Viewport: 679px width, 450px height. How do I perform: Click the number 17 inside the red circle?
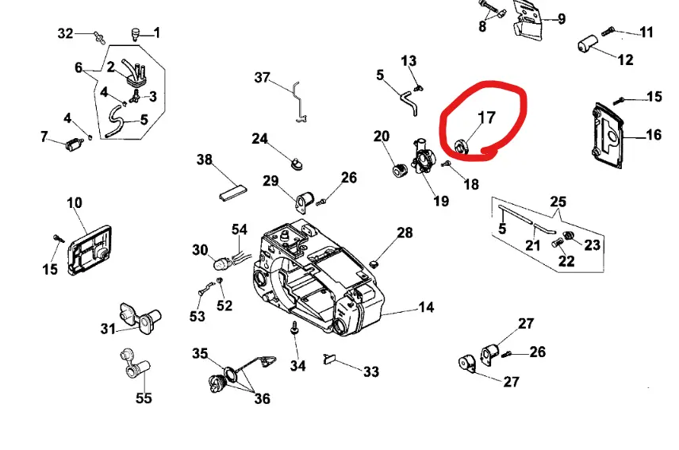click(485, 117)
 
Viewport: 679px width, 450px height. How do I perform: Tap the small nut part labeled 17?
click(460, 146)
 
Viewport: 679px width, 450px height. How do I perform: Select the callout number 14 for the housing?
click(426, 306)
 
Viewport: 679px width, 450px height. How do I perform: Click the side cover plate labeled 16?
click(609, 137)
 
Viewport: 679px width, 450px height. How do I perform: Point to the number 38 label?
click(205, 160)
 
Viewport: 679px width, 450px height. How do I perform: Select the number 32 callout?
click(66, 33)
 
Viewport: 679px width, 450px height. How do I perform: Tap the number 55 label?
click(144, 398)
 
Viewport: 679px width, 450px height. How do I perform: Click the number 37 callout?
click(263, 78)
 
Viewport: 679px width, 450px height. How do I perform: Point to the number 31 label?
click(108, 329)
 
